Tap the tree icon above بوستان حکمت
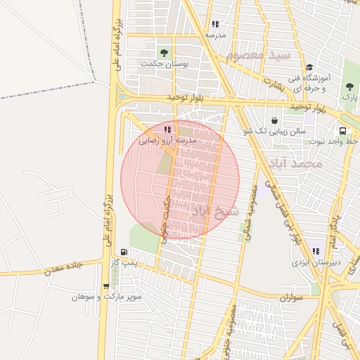[164, 52]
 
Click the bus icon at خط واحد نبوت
[342, 131]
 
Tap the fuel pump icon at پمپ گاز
[124, 251]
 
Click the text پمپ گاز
[124, 262]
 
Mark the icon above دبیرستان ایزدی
[316, 250]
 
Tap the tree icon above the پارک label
[349, 86]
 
